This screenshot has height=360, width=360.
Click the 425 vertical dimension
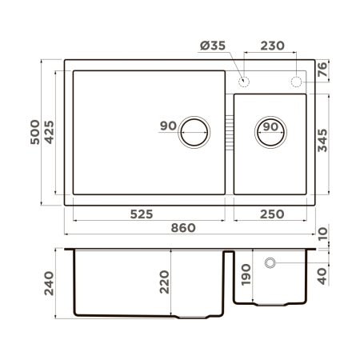(x=50, y=133)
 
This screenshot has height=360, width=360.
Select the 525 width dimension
(x=147, y=214)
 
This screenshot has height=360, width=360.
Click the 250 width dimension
(x=270, y=214)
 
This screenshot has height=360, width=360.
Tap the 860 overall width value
(x=183, y=228)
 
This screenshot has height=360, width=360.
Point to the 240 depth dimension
(x=50, y=282)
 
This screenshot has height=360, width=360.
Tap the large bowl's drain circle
(x=194, y=131)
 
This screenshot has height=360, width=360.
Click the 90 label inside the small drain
(x=270, y=127)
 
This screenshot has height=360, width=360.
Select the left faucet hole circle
(x=244, y=81)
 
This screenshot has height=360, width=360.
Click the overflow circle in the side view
(x=270, y=262)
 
